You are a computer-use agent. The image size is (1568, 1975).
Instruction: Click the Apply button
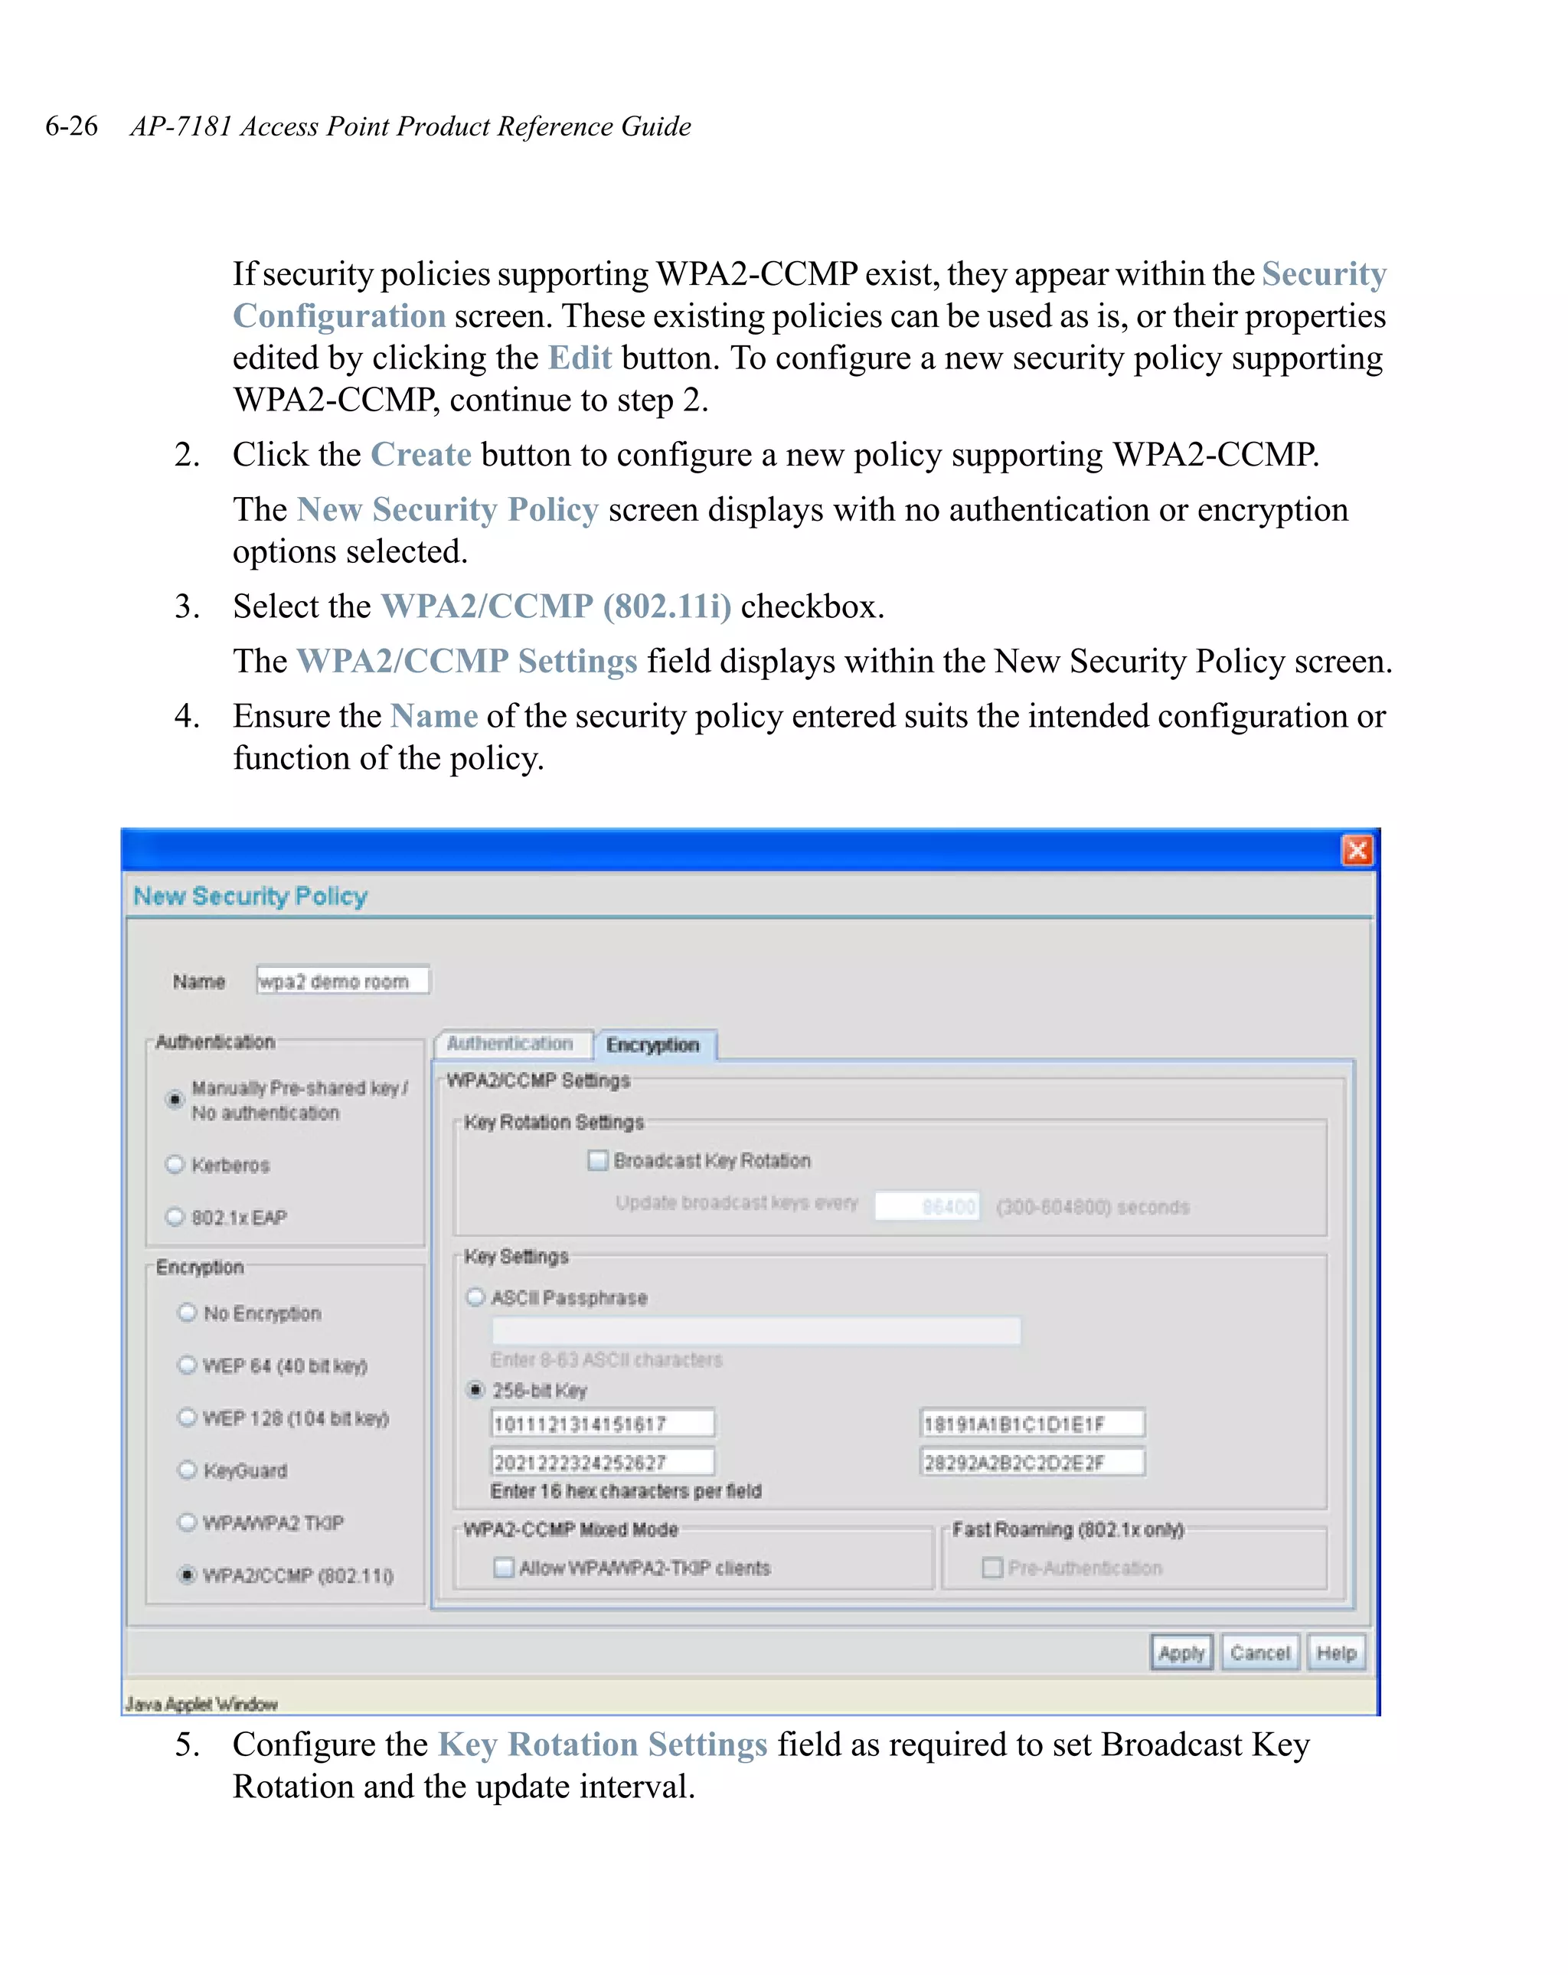[x=1180, y=1653]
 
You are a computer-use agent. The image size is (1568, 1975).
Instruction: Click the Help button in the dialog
[x=1335, y=1653]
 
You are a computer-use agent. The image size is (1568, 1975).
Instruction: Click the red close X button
[x=1357, y=850]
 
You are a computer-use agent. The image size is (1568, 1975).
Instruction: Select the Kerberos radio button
[x=175, y=1164]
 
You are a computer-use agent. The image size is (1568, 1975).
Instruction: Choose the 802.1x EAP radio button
[x=175, y=1217]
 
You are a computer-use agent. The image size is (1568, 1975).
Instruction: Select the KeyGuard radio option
[x=187, y=1470]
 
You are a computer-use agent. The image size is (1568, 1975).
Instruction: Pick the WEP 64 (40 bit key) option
[x=187, y=1365]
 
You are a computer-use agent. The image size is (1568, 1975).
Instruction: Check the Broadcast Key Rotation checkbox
[x=598, y=1161]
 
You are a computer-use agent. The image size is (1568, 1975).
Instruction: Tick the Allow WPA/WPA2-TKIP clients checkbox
[x=504, y=1568]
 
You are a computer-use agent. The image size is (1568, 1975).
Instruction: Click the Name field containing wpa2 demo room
[x=341, y=981]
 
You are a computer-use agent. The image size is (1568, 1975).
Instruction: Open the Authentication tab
[x=510, y=1043]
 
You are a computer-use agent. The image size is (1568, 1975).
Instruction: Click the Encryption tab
[x=653, y=1045]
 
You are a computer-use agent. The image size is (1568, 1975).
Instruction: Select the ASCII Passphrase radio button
[x=475, y=1297]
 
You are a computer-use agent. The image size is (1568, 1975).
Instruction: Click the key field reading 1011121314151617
[x=602, y=1424]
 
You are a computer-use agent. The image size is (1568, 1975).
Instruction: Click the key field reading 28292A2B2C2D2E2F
[x=1031, y=1462]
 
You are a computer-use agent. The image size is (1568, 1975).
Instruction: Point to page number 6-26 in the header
[x=71, y=126]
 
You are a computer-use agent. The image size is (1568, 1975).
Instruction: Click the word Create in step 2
[x=420, y=454]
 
